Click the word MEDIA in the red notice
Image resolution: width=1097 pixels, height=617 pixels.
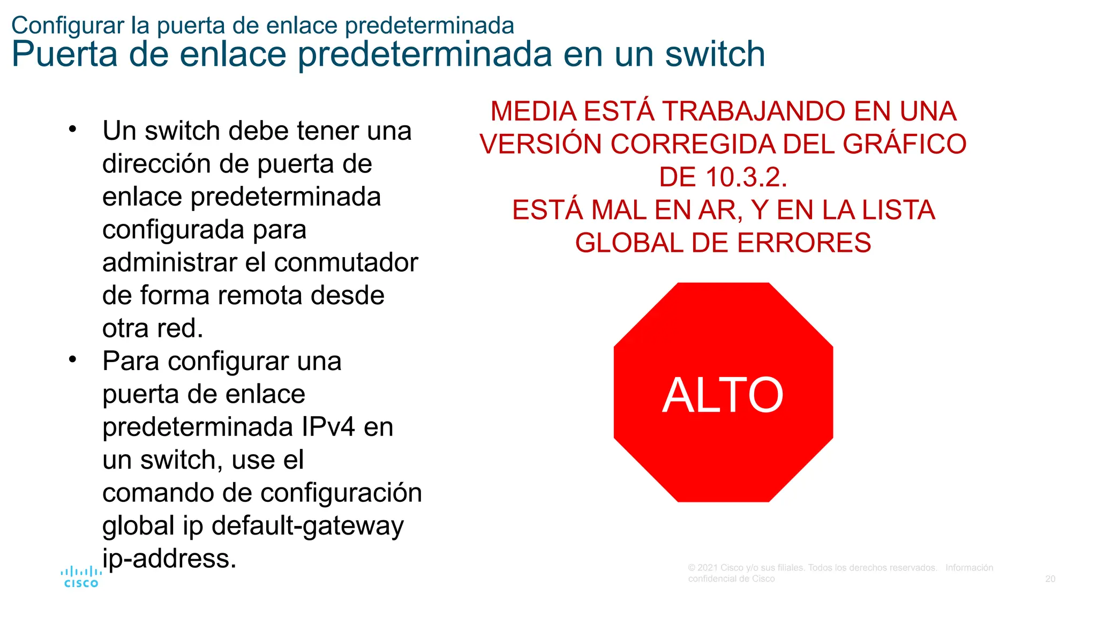(x=534, y=111)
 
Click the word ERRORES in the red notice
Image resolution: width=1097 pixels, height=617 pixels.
(x=804, y=243)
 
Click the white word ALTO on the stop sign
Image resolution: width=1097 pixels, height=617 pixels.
(x=723, y=395)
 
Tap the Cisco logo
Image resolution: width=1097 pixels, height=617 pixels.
(x=81, y=577)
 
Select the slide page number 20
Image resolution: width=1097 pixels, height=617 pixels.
(x=1050, y=579)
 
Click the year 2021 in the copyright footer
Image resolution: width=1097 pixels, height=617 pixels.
(x=708, y=568)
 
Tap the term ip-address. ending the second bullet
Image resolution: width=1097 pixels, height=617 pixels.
(x=169, y=559)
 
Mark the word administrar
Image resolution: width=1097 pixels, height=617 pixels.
(x=169, y=263)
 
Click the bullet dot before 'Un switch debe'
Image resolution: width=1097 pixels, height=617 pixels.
(x=73, y=129)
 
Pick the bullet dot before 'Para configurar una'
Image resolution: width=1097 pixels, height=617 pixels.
(x=73, y=359)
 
